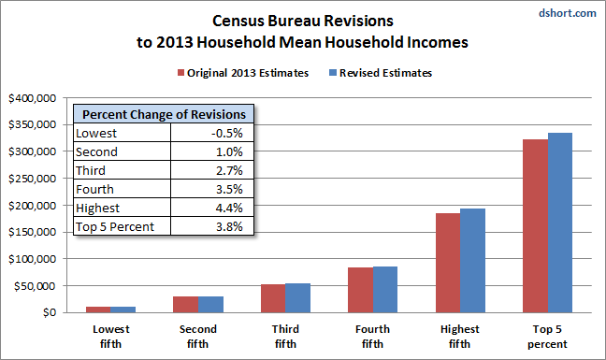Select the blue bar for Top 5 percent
point(559,223)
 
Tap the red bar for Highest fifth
point(447,263)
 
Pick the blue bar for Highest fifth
point(472,261)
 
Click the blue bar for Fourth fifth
point(385,290)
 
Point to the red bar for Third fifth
point(272,298)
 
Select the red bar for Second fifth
point(185,304)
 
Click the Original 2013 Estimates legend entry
point(242,73)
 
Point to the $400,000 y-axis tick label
point(33,97)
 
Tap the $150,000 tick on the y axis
point(33,232)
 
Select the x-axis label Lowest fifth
point(110,335)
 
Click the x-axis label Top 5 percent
point(547,335)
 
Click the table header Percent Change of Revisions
point(165,114)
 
